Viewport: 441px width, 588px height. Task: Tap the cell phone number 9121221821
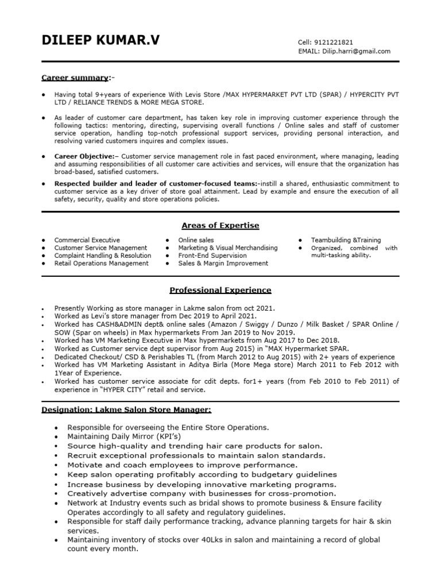(333, 42)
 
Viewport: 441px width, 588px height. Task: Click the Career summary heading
(75, 78)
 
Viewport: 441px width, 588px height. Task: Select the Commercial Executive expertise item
(87, 240)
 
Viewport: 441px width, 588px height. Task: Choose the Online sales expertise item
(196, 240)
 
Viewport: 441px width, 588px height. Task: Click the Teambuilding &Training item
(346, 240)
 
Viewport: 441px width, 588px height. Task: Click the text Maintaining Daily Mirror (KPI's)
(124, 437)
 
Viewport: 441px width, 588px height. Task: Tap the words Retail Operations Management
(101, 264)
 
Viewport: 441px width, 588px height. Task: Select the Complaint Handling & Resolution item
(103, 256)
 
